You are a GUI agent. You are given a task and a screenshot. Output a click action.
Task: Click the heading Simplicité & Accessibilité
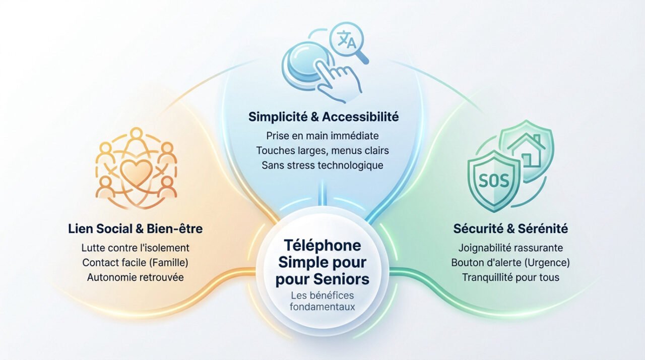click(x=323, y=117)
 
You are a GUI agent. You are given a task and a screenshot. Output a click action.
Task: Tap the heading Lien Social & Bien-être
click(x=135, y=229)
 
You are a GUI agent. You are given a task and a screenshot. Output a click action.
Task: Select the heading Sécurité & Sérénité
click(x=510, y=229)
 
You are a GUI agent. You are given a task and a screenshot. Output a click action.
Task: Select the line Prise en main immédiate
click(x=322, y=136)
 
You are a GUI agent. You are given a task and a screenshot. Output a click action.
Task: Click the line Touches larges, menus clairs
click(x=322, y=150)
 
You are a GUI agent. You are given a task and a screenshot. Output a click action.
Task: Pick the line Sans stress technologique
click(x=322, y=165)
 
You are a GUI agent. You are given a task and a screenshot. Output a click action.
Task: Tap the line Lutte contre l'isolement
click(x=135, y=248)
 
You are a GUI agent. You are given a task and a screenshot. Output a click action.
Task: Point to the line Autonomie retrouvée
click(x=135, y=277)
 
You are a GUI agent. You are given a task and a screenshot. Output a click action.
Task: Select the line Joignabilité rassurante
click(x=510, y=248)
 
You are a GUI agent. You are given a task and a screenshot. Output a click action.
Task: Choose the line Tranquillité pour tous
click(x=510, y=277)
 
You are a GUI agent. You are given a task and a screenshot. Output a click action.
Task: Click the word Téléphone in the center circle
click(x=322, y=246)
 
